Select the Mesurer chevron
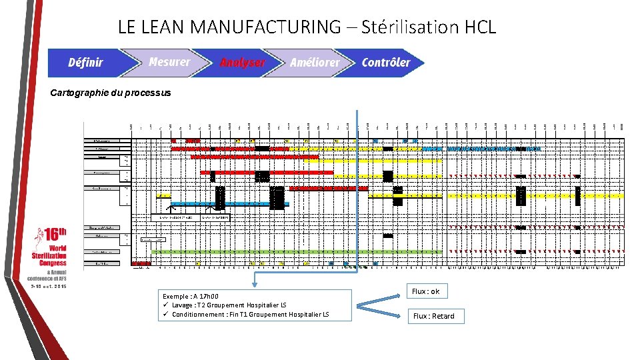point(169,62)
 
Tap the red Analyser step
point(242,63)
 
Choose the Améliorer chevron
point(314,63)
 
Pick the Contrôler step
point(386,63)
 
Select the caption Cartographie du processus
point(111,93)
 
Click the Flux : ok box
point(425,292)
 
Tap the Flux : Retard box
point(433,316)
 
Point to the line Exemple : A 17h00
point(191,296)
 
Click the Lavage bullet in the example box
point(229,305)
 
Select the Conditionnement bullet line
point(249,314)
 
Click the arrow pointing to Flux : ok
point(380,298)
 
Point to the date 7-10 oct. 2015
point(49,286)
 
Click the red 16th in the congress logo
point(53,235)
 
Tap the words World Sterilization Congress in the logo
point(49,255)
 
